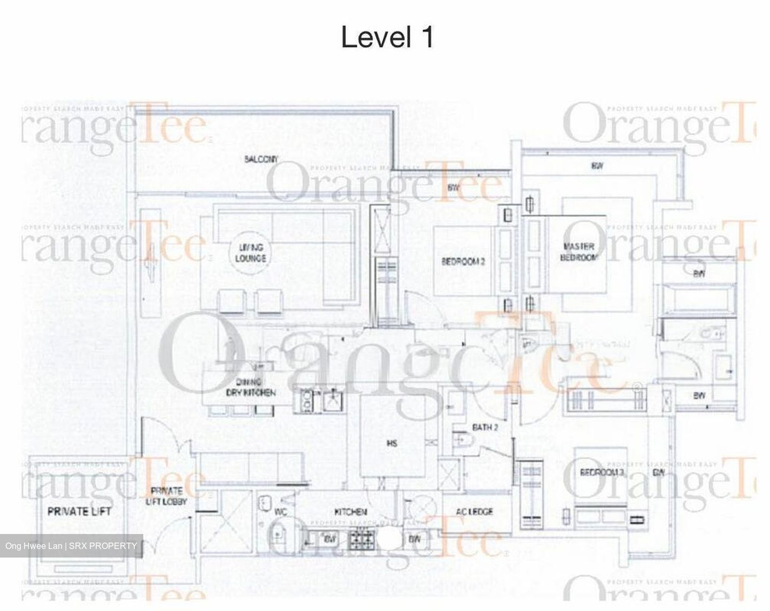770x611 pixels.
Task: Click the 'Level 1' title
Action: [387, 37]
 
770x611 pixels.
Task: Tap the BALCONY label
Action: [261, 159]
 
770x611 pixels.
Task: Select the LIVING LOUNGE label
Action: [252, 253]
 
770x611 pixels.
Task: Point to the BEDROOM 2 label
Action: [463, 261]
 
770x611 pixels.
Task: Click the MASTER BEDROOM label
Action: [579, 252]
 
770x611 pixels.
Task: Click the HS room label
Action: [392, 443]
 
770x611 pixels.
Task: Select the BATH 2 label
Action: [485, 427]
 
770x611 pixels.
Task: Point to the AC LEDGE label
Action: [475, 512]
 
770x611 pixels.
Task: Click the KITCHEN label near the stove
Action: [351, 512]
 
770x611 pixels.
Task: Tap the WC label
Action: [281, 512]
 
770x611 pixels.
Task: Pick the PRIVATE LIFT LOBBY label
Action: [167, 496]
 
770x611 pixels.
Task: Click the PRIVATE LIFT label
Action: [79, 512]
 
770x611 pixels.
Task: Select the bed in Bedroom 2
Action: [463, 261]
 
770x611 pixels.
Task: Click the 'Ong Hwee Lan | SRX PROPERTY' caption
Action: [71, 546]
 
